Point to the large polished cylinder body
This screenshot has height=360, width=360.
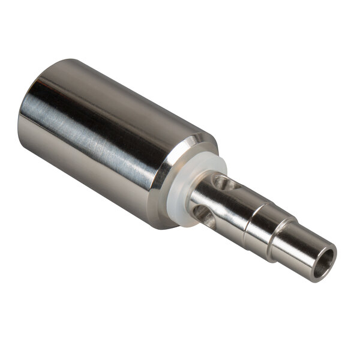click(108, 138)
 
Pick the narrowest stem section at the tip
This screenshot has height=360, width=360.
click(300, 243)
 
